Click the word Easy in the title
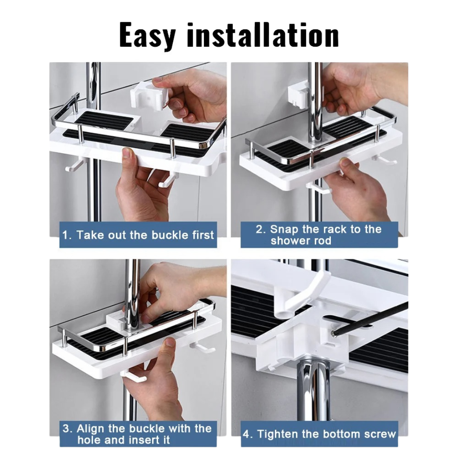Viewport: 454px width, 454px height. point(148,36)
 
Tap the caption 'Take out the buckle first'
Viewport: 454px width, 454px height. point(145,235)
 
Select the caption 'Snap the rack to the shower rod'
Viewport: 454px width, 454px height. point(319,235)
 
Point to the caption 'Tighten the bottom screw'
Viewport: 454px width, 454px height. point(326,434)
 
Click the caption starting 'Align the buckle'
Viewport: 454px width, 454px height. point(137,434)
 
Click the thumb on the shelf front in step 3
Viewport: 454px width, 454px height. point(170,346)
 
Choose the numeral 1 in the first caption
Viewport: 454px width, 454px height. point(65,235)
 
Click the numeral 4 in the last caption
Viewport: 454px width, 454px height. point(246,434)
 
